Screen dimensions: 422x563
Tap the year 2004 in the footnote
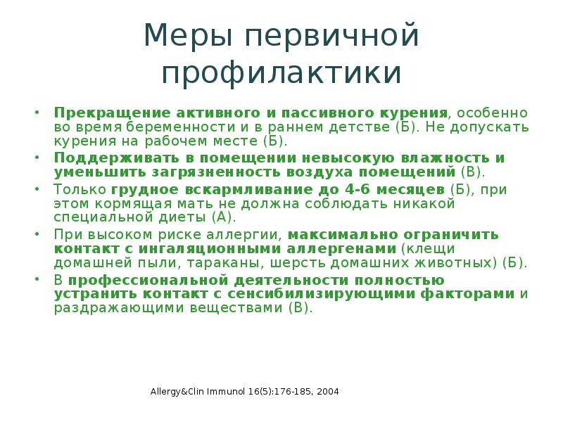tap(327, 390)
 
